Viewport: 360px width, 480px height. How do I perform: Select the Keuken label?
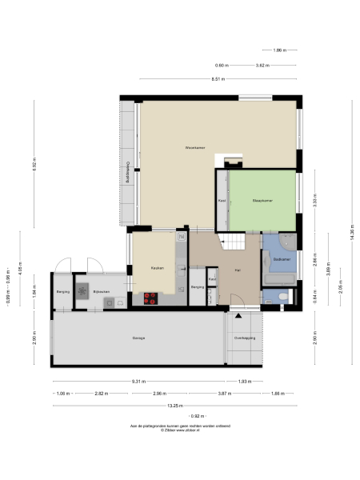(x=157, y=268)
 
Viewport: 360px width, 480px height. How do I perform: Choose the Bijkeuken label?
(x=100, y=292)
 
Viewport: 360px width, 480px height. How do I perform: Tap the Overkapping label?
(x=244, y=338)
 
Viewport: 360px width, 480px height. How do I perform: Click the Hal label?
(x=238, y=271)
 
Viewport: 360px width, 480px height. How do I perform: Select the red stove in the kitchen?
(x=150, y=299)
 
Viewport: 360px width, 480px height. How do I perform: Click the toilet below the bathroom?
(x=286, y=297)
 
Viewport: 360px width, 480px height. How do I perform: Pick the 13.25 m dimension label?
(x=194, y=406)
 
